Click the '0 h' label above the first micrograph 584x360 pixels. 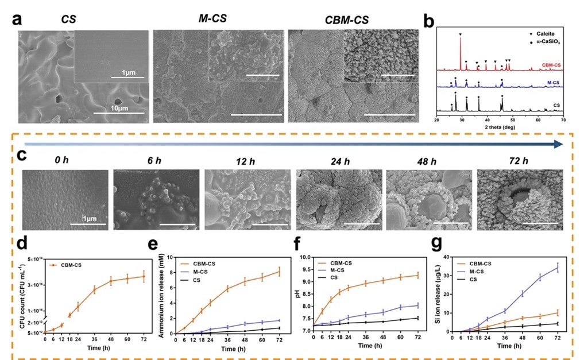(x=62, y=161)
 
